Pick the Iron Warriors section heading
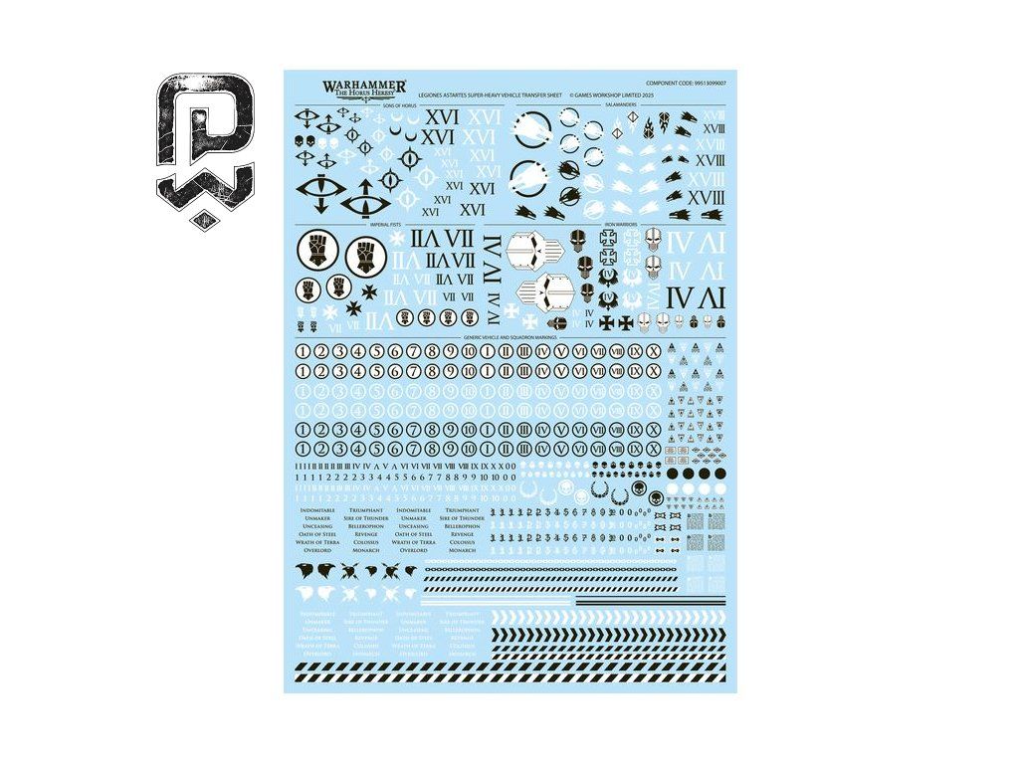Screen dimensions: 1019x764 coord(621,226)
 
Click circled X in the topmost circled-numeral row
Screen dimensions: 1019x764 coord(653,351)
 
